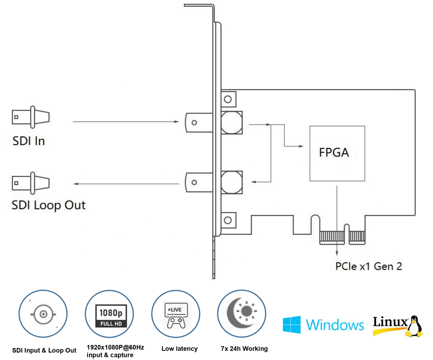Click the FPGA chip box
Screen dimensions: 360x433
click(x=337, y=153)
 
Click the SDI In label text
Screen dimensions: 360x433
click(x=29, y=140)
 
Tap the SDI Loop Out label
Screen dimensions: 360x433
click(x=48, y=205)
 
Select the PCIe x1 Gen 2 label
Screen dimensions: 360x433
click(x=368, y=266)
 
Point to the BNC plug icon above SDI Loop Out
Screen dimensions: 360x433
click(x=30, y=183)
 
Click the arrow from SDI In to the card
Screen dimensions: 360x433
click(x=126, y=122)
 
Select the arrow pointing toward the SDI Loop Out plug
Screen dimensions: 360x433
click(x=126, y=184)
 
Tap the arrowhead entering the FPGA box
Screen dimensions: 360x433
click(x=300, y=146)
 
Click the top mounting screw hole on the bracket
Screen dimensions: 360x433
click(x=228, y=99)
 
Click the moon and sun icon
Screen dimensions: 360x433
click(x=241, y=313)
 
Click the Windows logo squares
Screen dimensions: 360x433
click(x=292, y=325)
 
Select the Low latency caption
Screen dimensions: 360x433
click(x=180, y=349)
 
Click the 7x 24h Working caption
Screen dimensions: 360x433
click(x=244, y=349)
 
